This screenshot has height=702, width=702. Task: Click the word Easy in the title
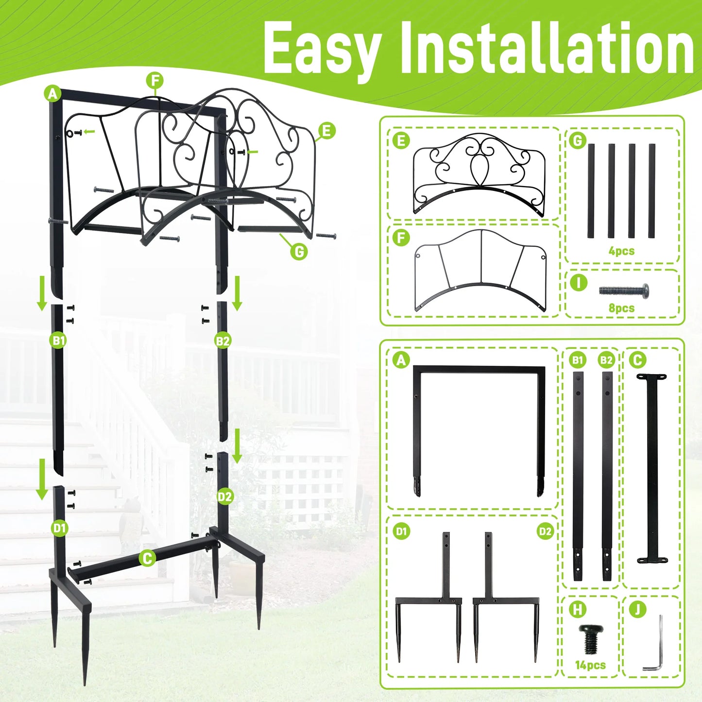321,49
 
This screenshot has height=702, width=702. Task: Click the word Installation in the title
547,49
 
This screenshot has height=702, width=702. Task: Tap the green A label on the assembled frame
52,93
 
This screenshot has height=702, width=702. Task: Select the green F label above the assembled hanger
155,81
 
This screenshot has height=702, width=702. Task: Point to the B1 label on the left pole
58,341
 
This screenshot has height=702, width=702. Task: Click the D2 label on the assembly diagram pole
225,497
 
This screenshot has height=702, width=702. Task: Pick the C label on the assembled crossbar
147,558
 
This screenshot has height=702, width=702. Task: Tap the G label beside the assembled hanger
299,251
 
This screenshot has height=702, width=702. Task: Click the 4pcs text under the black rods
621,251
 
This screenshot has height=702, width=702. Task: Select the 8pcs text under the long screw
621,308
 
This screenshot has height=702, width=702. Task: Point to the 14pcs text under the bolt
590,665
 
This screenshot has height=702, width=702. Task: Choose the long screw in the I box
623,291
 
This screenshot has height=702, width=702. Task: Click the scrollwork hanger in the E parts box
479,175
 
